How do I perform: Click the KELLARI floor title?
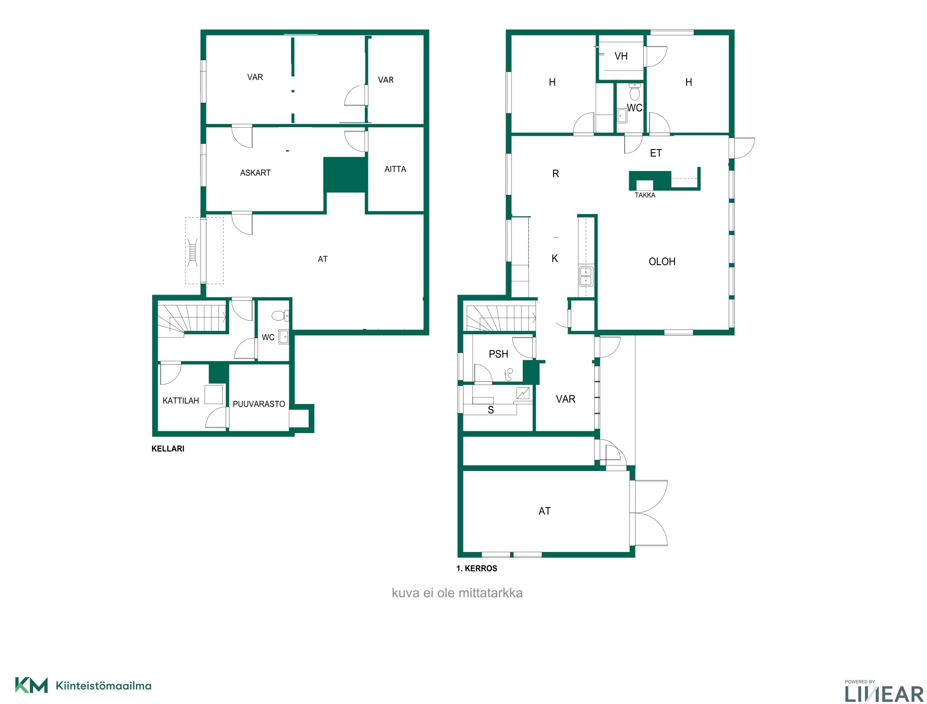(168, 449)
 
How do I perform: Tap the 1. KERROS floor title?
(477, 569)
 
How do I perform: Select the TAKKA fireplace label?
(645, 195)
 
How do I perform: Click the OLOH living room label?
(662, 262)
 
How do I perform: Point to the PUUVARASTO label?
(259, 404)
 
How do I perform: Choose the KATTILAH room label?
(181, 401)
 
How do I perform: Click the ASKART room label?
(255, 173)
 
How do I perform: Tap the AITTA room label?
(395, 169)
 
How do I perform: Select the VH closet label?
(621, 56)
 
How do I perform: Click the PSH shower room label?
(498, 354)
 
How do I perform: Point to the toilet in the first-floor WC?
(635, 92)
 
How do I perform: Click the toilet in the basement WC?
(280, 315)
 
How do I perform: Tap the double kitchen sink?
(586, 276)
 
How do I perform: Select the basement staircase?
(191, 319)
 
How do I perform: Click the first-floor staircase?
(501, 319)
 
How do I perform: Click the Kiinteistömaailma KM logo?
(83, 685)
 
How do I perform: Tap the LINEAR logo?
(884, 691)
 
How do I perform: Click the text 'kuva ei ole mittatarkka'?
(457, 593)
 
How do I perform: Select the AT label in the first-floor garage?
(545, 511)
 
